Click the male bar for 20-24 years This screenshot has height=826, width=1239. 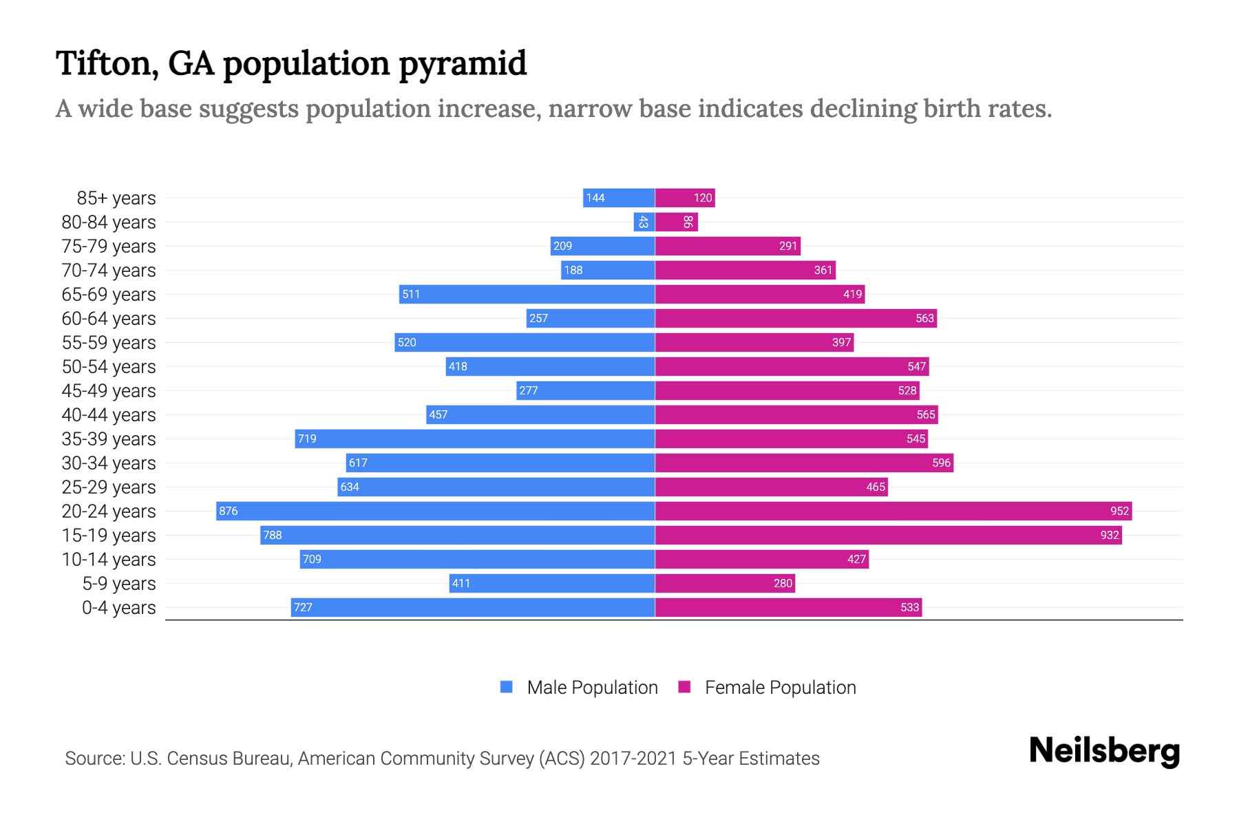point(435,511)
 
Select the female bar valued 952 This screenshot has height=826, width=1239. point(893,511)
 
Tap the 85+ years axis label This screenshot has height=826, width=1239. point(116,198)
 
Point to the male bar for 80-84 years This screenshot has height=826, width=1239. point(644,222)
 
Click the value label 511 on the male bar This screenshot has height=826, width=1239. point(411,294)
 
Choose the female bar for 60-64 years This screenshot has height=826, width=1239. point(796,318)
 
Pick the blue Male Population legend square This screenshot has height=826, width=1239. point(507,687)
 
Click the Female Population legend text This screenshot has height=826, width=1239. point(780,687)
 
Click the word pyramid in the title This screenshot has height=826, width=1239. point(463,63)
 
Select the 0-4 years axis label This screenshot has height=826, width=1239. point(118,608)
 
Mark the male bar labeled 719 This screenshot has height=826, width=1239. point(475,438)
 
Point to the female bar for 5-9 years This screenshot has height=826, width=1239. point(725,583)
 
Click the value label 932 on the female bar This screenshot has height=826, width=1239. point(1110,535)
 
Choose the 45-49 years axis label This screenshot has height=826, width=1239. point(109,391)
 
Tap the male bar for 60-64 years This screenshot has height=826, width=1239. point(591,318)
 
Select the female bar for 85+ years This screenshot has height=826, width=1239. point(685,198)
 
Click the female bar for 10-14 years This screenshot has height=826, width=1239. point(761,559)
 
